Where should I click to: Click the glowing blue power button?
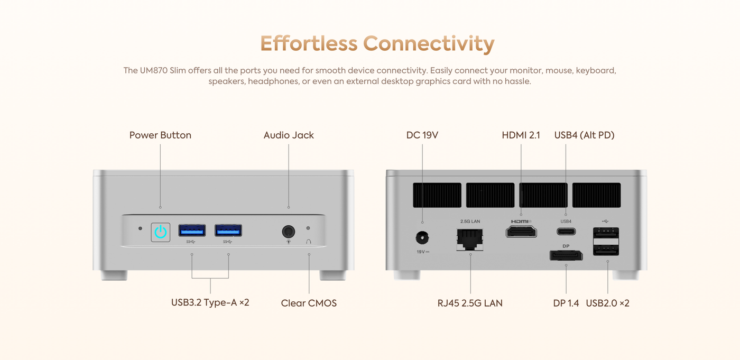coord(161,232)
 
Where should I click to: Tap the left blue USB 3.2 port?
coord(192,230)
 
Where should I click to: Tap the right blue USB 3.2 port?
coord(228,230)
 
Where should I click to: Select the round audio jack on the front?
coord(288,232)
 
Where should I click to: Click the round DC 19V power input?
coord(422,237)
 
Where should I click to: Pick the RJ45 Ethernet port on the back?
coord(469,239)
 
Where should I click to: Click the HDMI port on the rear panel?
coord(521,231)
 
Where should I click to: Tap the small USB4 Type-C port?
coord(566,232)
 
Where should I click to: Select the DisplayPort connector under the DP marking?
coord(566,255)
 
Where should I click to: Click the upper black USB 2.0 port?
coord(606,234)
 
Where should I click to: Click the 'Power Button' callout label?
coord(160,135)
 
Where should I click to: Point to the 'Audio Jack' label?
coord(289,135)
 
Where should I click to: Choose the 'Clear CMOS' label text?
coord(309,303)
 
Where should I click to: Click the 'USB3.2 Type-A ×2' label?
coord(210,303)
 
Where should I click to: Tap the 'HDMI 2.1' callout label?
coord(521,135)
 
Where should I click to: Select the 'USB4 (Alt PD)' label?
coord(584,135)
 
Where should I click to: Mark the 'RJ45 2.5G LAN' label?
coord(470,303)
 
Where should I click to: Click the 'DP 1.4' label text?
coord(566,303)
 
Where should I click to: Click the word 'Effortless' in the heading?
coord(309,43)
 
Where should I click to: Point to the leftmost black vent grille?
coord(437,195)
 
